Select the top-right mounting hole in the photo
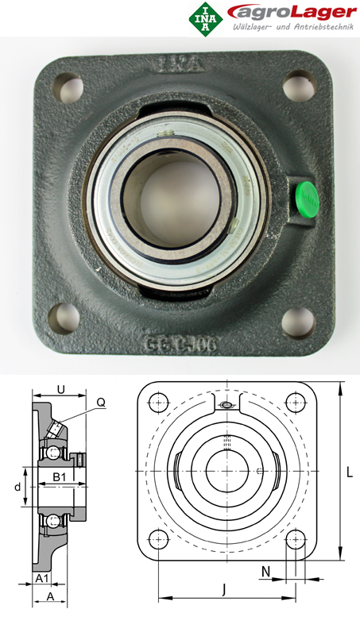[299, 83]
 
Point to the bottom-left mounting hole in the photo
[64, 318]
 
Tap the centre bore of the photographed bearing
[177, 194]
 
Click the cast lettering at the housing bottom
[180, 344]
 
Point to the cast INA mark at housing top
[177, 63]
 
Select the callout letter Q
[101, 402]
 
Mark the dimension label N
[265, 571]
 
